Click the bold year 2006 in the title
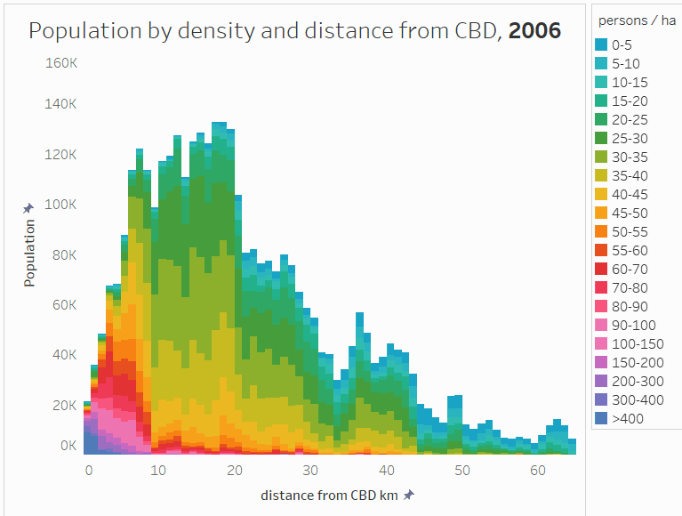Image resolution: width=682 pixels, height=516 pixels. (x=534, y=31)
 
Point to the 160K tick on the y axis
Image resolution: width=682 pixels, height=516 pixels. (x=61, y=64)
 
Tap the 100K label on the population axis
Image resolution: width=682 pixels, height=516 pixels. (x=61, y=204)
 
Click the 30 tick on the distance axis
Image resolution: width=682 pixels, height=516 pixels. (x=310, y=469)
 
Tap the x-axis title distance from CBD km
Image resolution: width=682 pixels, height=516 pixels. (x=329, y=495)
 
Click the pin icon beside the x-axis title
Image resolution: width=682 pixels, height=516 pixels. (x=408, y=495)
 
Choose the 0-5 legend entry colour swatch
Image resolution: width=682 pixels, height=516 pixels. (x=601, y=44)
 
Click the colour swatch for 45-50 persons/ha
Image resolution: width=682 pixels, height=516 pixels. (x=601, y=213)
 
